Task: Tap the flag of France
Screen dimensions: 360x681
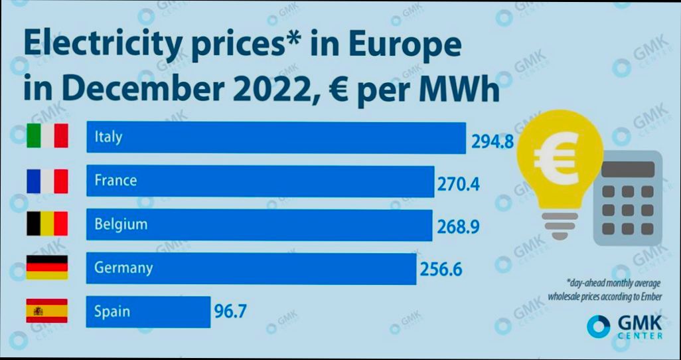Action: tap(47, 181)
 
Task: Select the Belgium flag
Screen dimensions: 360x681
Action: tap(47, 225)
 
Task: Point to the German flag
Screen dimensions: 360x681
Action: tap(47, 267)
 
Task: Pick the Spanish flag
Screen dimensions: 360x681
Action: tap(47, 311)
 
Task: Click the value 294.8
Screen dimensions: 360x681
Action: tap(492, 141)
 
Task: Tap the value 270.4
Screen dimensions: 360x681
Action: tap(458, 184)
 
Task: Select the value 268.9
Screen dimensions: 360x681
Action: tap(458, 227)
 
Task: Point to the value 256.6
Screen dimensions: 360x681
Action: tap(441, 270)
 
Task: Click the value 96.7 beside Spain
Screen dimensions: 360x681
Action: tap(230, 311)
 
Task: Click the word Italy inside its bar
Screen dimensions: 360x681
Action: tap(109, 137)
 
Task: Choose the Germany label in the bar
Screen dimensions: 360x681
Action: tap(123, 268)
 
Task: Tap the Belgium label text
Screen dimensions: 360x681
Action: tap(121, 224)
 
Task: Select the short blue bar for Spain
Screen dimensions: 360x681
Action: tap(148, 312)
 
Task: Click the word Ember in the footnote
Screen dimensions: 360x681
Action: tap(648, 296)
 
